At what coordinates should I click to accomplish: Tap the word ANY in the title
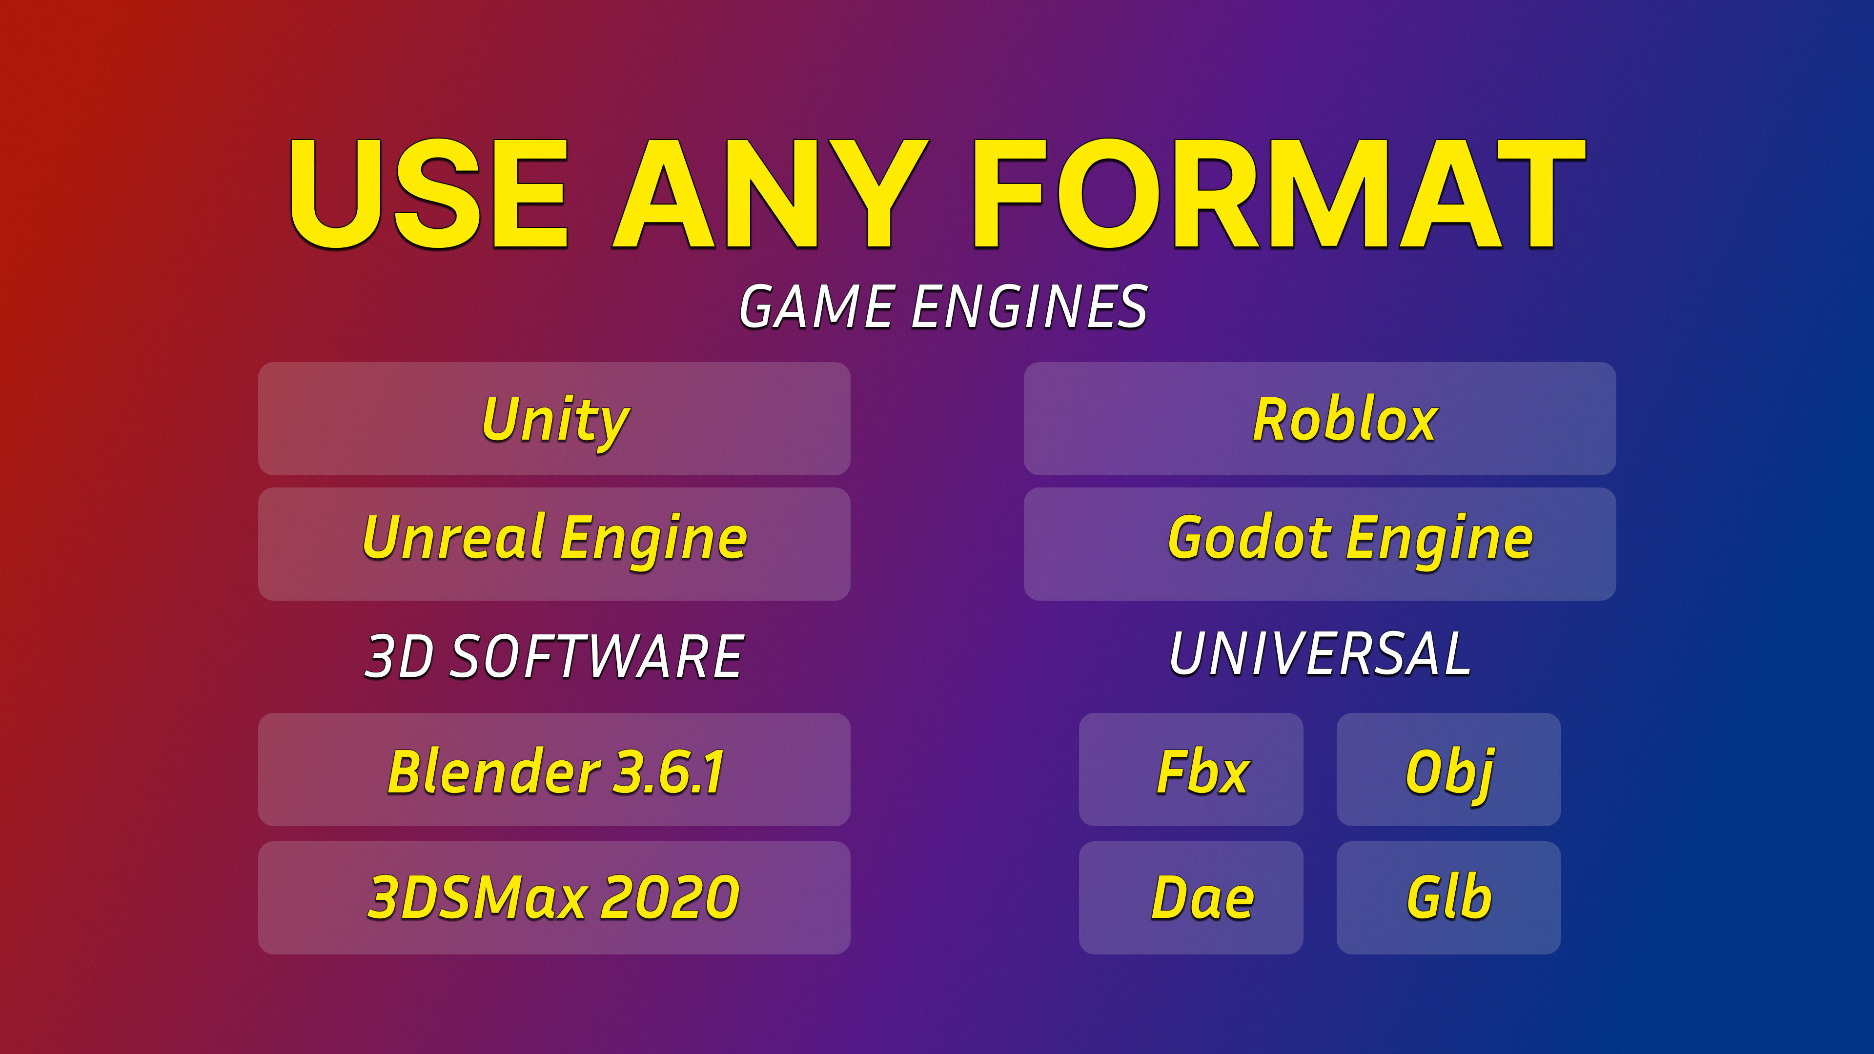pyautogui.click(x=771, y=194)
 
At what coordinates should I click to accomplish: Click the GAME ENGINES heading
pyautogui.click(x=943, y=307)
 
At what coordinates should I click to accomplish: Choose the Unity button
pyautogui.click(x=554, y=419)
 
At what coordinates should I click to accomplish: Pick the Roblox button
pyautogui.click(x=1320, y=419)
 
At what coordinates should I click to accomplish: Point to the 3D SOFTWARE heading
pyautogui.click(x=553, y=656)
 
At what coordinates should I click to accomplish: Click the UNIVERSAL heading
pyautogui.click(x=1320, y=653)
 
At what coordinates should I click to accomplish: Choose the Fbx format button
pyautogui.click(x=1191, y=770)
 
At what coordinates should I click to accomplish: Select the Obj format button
pyautogui.click(x=1448, y=770)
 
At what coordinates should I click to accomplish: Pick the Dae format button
pyautogui.click(x=1191, y=898)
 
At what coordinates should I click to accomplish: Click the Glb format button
pyautogui.click(x=1448, y=898)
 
